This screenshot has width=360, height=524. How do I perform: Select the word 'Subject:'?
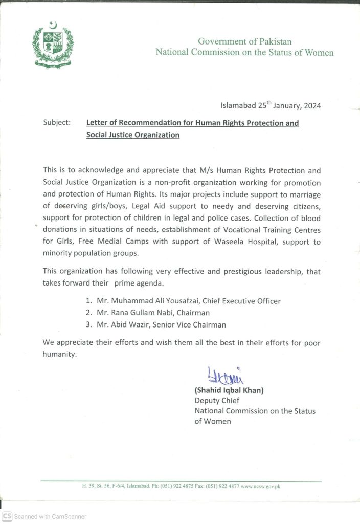(x=57, y=123)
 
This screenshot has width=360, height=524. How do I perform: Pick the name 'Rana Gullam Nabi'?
(x=137, y=313)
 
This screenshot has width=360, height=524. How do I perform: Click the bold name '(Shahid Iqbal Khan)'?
(x=229, y=390)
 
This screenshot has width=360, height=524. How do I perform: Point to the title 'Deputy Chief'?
(x=217, y=401)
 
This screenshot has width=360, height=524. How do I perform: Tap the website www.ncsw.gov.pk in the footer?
(x=260, y=486)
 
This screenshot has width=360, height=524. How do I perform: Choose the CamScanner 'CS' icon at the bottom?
(x=7, y=516)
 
